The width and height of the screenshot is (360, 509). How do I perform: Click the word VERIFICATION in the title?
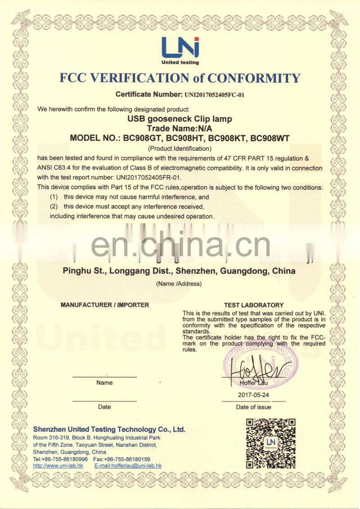coord(135,78)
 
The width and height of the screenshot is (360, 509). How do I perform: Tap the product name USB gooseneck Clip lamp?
coord(180,120)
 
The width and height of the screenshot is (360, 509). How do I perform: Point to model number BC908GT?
coord(143,138)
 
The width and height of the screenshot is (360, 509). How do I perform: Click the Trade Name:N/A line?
coord(180,129)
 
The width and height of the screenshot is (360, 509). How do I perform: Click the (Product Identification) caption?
coord(180,148)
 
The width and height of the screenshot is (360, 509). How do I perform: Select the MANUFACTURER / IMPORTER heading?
coord(104,305)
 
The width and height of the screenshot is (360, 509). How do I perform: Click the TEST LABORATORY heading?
coord(253,305)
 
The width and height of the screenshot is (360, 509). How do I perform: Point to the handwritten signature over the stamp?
coord(259,370)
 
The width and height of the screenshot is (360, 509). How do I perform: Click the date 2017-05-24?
coord(253,394)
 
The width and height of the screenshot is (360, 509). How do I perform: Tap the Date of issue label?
coord(253,407)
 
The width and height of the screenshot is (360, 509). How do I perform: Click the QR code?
coord(270,443)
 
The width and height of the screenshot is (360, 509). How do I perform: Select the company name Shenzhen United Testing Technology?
coord(109,429)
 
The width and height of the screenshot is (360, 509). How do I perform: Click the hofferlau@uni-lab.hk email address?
coord(128,466)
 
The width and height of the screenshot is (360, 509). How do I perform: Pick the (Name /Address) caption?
coord(179,284)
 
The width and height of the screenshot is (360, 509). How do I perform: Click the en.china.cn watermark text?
coord(180,246)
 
